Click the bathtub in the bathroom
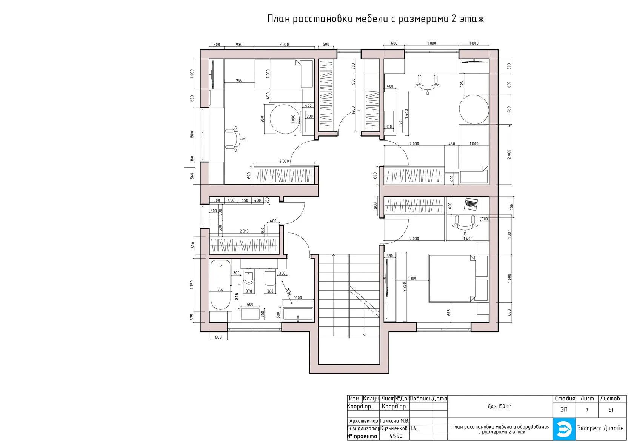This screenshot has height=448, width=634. pos(220,285)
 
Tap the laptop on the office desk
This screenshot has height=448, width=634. pos(471,204)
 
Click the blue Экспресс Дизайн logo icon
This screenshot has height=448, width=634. pos(564,430)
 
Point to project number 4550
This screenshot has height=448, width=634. pos(395,436)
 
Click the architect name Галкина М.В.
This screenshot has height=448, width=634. pos(394,421)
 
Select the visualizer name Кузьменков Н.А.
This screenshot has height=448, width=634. pos(399,428)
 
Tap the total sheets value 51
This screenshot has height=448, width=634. pos(611,410)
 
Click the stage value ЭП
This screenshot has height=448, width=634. pos(564,410)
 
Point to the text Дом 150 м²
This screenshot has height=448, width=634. pos(499,406)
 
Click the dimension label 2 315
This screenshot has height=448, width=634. pos(244,231)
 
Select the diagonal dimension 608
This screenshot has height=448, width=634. pos(289,292)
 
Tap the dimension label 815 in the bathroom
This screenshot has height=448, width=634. pos(237,296)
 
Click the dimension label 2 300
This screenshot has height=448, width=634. pos(405,287)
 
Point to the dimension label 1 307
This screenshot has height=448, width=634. pos(509,234)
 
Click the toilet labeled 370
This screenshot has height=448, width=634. pos(249,278)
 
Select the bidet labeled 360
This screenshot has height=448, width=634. pos(270,278)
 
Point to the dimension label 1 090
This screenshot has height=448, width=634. pos(293,119)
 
